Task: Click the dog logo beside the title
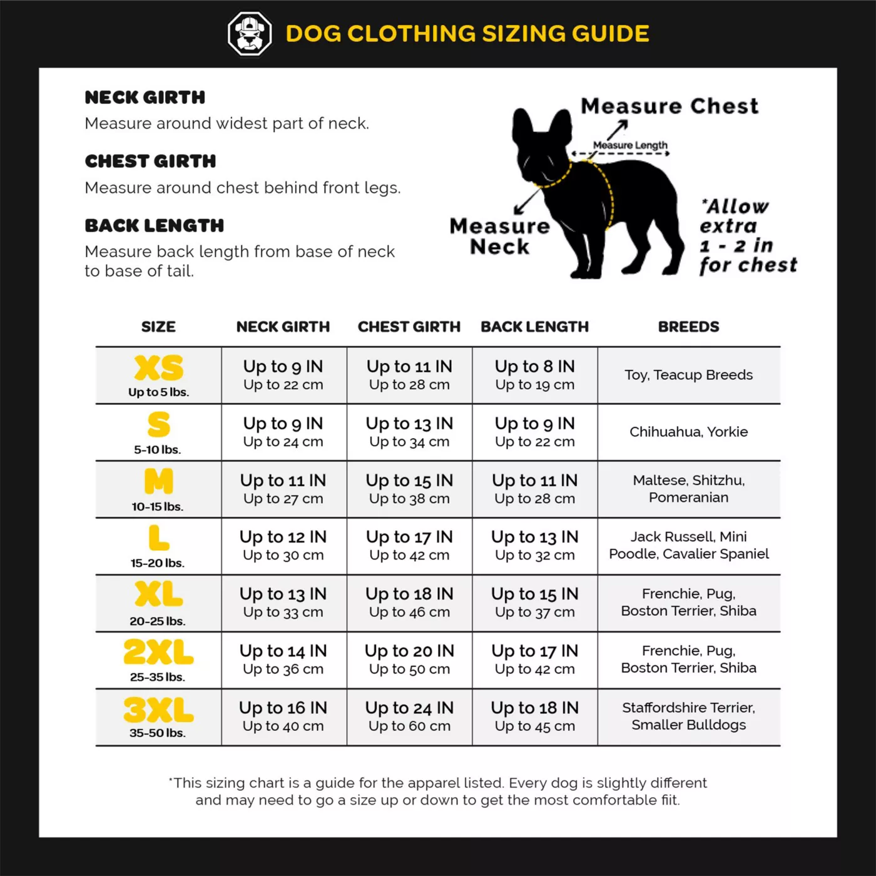[x=250, y=34]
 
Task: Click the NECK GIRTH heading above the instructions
[x=145, y=98]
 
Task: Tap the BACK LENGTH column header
[x=534, y=327]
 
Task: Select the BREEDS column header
[x=688, y=327]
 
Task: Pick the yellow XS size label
[x=159, y=368]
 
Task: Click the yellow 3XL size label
[x=158, y=710]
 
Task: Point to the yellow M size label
[x=158, y=481]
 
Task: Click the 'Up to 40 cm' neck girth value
[x=283, y=726]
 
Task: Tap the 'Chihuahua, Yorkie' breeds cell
[x=688, y=432]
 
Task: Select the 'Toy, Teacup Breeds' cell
[x=688, y=375]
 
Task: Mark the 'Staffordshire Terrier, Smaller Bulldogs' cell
[x=688, y=716]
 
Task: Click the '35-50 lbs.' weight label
[x=158, y=733]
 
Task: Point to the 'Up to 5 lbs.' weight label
[x=158, y=392]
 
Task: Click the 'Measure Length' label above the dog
[x=630, y=145]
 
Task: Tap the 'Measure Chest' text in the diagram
[x=670, y=106]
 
